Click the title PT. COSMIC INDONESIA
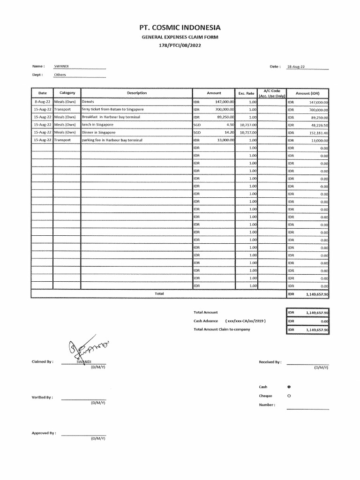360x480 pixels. coord(180,28)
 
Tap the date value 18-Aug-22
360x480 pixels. coord(296,67)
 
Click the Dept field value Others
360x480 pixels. coord(60,75)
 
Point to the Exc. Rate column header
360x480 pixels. coord(246,93)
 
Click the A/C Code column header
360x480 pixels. coord(272,93)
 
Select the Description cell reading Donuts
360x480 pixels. coord(88,102)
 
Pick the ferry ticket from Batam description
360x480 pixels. coord(112,109)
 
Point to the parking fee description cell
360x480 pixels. coord(111,140)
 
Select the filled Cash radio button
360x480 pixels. coord(288,387)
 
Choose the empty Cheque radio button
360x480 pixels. coord(288,396)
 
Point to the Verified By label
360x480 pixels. coord(42,397)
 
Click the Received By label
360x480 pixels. coord(270,362)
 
